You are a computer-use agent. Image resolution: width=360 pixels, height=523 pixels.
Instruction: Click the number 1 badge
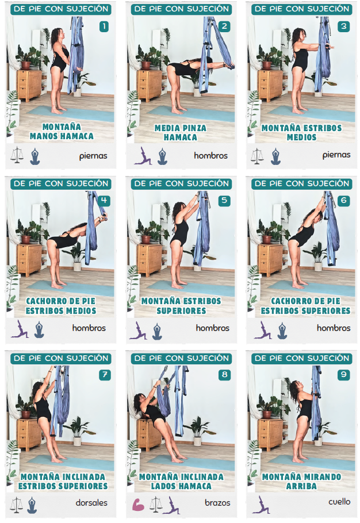[x=104, y=26]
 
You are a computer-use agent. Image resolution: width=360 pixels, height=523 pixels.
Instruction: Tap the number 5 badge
[x=224, y=201]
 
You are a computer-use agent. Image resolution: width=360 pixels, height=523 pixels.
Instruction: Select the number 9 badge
[x=344, y=375]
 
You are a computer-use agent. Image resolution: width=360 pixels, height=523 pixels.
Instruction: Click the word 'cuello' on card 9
[x=339, y=502]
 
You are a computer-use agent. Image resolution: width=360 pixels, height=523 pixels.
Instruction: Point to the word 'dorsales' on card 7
[x=91, y=503]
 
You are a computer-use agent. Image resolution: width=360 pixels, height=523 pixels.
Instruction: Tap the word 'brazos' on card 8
[x=217, y=503]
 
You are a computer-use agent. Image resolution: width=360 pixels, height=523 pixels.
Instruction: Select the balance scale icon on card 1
[x=17, y=155]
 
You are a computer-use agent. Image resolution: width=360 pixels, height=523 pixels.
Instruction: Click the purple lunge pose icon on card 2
[x=143, y=156]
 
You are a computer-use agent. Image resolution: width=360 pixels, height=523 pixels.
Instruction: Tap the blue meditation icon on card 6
[x=282, y=330]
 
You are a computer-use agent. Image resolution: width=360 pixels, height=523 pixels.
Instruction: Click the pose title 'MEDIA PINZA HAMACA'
[x=181, y=132]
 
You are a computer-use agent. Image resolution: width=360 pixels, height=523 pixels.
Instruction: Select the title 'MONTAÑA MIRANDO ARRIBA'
[x=301, y=481]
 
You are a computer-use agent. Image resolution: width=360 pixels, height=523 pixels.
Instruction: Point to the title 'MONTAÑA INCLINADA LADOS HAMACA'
[x=181, y=481]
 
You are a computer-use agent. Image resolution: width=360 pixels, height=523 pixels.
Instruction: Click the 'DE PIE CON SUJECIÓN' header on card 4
[x=61, y=183]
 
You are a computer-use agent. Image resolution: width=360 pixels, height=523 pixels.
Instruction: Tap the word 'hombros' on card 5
[x=213, y=328]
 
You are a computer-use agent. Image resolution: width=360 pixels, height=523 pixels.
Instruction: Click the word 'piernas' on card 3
[x=336, y=155]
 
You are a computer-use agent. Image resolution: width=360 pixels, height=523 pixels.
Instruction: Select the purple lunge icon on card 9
[x=261, y=505]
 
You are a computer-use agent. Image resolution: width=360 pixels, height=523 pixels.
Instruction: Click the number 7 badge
[x=105, y=375]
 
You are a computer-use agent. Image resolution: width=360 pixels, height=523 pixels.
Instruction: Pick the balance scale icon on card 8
[x=155, y=505]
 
